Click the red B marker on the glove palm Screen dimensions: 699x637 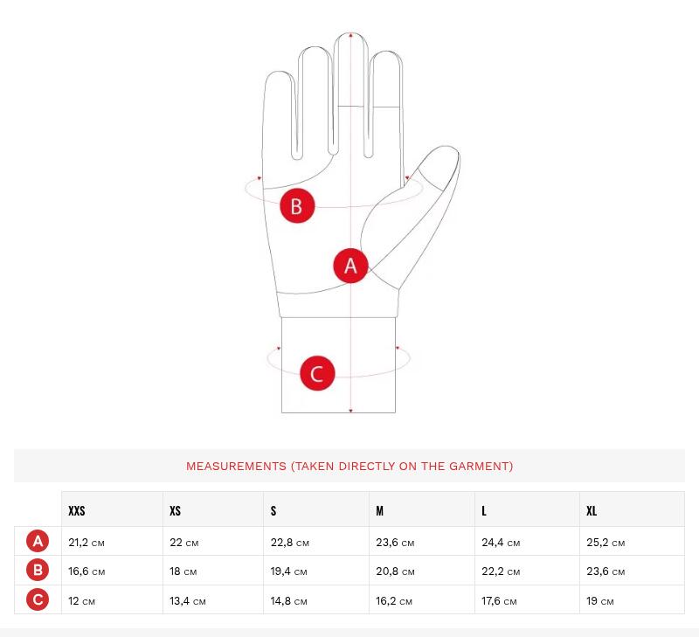coord(297,206)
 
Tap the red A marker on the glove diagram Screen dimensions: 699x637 coord(351,266)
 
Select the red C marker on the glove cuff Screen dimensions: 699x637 coord(317,373)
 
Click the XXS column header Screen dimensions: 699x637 coord(77,511)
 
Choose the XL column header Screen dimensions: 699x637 coord(592,511)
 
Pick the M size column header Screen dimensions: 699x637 coord(380,511)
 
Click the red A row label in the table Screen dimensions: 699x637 coord(38,541)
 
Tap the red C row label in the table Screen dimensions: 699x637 coord(38,599)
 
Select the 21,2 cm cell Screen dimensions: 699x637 coord(87,543)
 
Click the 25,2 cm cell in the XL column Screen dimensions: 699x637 coord(606,543)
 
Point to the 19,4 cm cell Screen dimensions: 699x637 coord(289,571)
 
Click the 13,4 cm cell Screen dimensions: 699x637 coord(188,601)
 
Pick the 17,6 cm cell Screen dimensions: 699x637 coord(499,601)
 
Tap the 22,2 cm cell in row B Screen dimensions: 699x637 coord(501,571)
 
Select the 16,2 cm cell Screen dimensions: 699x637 coord(394,601)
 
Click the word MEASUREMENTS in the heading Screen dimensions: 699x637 coord(236,467)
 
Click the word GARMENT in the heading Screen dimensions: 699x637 coord(481,467)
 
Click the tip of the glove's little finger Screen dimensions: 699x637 coord(279,73)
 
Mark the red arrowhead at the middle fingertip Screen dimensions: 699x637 coord(351,35)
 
